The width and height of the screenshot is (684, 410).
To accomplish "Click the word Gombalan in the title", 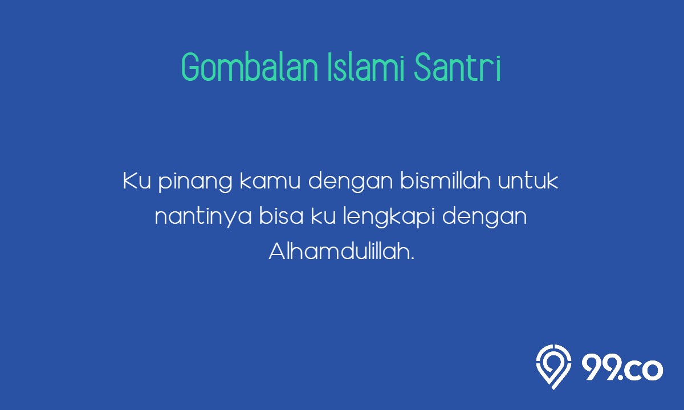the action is click(250, 67).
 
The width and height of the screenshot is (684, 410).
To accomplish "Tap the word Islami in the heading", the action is click(366, 67).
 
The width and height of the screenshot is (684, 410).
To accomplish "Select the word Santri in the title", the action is click(457, 67).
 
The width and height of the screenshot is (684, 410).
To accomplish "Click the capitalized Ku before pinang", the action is click(137, 181).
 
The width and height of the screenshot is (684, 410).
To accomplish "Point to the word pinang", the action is click(196, 183).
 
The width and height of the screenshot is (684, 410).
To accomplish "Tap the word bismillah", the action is click(446, 181).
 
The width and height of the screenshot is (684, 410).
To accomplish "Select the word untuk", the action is click(528, 181).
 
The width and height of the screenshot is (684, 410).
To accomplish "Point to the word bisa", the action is click(281, 216).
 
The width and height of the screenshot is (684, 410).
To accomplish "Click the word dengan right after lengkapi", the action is click(484, 218).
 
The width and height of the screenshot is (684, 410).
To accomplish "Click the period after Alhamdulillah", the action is click(413, 258).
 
